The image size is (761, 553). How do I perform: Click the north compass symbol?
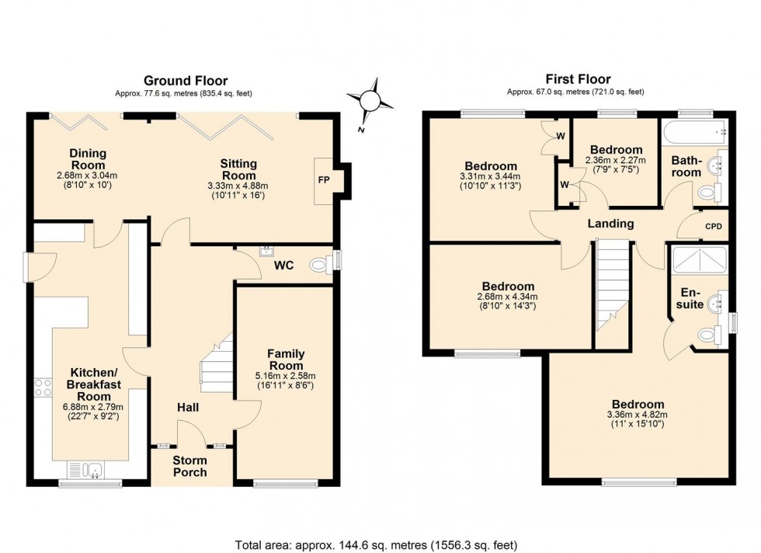370,100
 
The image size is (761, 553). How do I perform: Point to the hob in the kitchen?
42,388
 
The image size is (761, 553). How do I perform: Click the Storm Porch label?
190,466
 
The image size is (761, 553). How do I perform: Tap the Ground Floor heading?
185,81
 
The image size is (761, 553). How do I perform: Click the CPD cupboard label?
713,227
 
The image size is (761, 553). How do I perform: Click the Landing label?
610,224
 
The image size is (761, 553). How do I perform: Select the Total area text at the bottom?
376,544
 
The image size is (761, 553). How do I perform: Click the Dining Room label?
88,159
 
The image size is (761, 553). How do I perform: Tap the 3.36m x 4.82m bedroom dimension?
637,415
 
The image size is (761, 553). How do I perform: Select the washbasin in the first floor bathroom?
718,165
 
